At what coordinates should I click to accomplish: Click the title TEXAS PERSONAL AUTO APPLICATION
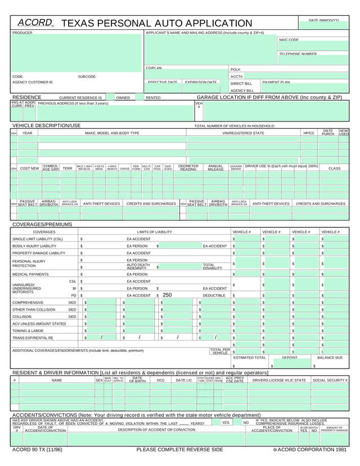click(156, 24)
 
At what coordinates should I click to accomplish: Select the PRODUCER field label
click(22, 33)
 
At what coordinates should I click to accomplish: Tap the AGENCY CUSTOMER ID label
click(32, 82)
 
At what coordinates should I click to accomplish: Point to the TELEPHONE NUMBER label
click(298, 54)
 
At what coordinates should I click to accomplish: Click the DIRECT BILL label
click(241, 83)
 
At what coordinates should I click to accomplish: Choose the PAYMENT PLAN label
click(276, 82)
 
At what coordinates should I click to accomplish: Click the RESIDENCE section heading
click(26, 97)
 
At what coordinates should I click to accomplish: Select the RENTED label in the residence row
click(153, 98)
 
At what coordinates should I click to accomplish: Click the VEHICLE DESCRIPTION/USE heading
click(46, 126)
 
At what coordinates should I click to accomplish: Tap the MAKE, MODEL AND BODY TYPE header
click(112, 133)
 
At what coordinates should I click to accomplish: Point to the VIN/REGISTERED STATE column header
click(243, 133)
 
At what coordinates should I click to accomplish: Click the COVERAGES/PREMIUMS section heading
click(42, 225)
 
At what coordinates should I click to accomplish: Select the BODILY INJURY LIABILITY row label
click(34, 246)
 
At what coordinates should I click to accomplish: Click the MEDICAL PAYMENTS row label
click(30, 274)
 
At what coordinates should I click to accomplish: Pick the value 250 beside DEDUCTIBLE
click(167, 295)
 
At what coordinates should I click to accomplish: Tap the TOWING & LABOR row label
click(28, 331)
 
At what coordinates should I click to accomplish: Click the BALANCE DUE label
click(330, 357)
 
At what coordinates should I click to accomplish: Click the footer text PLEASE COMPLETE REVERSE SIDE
click(179, 450)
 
